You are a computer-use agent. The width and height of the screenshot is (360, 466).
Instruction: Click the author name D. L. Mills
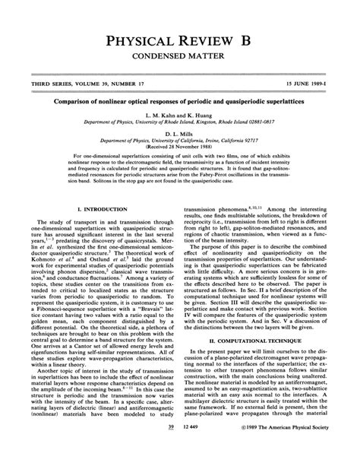point(180,132)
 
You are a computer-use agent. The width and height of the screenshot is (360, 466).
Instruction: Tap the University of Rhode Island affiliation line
point(180,119)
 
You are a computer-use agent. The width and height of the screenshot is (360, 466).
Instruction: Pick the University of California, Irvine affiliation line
point(180,138)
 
